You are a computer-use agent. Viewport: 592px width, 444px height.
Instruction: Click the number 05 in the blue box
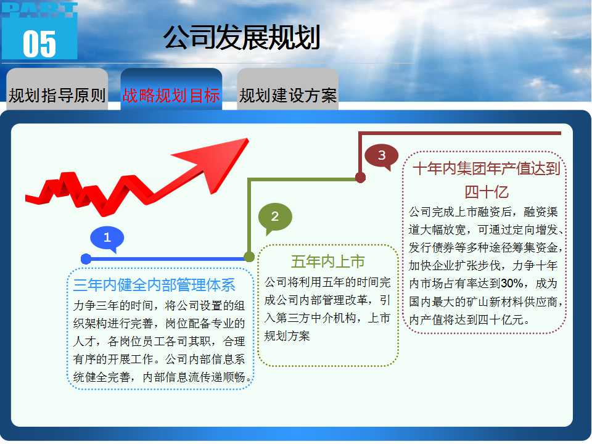[x=39, y=44]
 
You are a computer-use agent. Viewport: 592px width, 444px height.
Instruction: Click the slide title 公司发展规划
[x=242, y=37]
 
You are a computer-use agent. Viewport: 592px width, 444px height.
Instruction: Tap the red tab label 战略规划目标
[x=171, y=95]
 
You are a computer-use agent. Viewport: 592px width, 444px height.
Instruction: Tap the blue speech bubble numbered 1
[x=107, y=239]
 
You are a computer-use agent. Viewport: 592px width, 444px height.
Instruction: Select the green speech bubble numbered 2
[x=275, y=218]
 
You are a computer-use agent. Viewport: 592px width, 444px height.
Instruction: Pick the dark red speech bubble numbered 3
[x=382, y=155]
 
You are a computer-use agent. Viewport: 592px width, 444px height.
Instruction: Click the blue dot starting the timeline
[x=86, y=258]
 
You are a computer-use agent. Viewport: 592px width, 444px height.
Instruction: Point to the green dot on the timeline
[x=249, y=257]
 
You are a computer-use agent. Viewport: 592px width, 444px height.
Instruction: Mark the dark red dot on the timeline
[x=361, y=178]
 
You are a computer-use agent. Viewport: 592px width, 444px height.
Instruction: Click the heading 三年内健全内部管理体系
[x=154, y=285]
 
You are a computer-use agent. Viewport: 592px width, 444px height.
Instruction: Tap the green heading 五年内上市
[x=327, y=261]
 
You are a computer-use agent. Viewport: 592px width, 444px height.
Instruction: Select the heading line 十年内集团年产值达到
[x=487, y=168]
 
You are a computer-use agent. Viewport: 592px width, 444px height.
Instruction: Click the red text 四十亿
[x=487, y=192]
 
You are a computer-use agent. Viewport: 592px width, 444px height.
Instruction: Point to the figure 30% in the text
[x=512, y=283]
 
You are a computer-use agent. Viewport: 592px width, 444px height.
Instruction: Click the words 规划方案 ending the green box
[x=287, y=335]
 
